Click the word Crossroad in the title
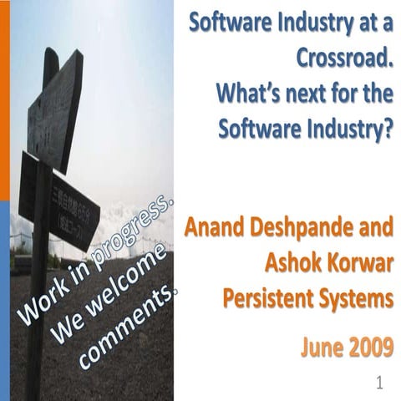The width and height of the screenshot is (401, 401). pos(344,59)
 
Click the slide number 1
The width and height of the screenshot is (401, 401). pos(379,383)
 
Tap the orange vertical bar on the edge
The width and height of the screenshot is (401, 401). pos(4,100)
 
